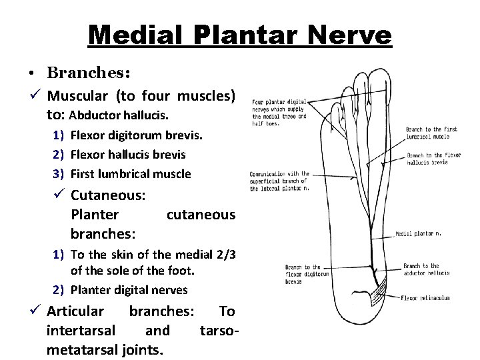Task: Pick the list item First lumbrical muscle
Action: [x=131, y=174]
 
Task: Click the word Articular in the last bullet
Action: [x=75, y=311]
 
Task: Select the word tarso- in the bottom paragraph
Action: [x=218, y=331]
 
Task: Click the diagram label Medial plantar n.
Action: [x=419, y=235]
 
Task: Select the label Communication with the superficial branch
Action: [x=280, y=180]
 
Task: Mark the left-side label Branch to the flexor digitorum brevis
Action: [x=303, y=273]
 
